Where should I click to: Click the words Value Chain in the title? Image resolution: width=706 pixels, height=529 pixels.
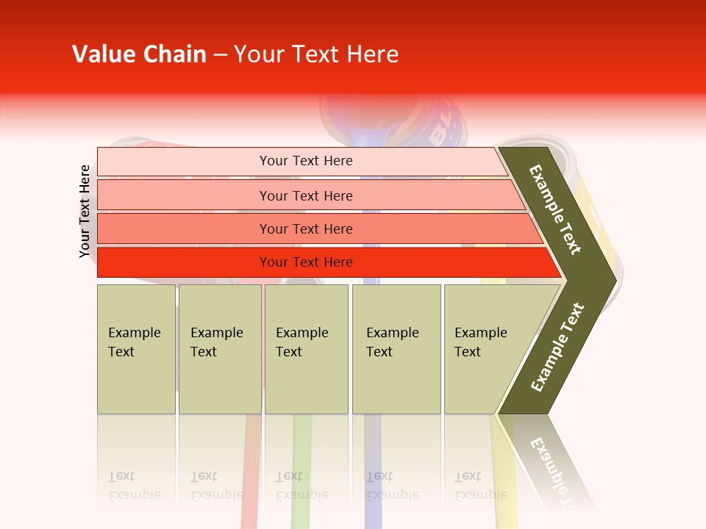(139, 54)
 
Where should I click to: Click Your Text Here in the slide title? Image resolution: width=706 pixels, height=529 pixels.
(316, 54)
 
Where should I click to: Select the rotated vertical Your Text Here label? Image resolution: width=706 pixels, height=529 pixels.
(85, 211)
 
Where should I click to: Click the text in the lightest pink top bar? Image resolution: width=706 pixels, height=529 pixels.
(306, 161)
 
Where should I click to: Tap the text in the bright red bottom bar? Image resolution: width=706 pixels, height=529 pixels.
(306, 262)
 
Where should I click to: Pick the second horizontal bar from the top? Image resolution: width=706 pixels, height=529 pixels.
(306, 195)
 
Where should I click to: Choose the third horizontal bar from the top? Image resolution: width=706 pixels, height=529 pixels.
(306, 229)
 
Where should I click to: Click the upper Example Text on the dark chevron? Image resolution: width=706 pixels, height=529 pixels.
(555, 210)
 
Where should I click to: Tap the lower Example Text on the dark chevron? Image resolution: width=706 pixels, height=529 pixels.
(557, 348)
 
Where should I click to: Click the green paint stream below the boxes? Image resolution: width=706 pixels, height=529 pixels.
(302, 456)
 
